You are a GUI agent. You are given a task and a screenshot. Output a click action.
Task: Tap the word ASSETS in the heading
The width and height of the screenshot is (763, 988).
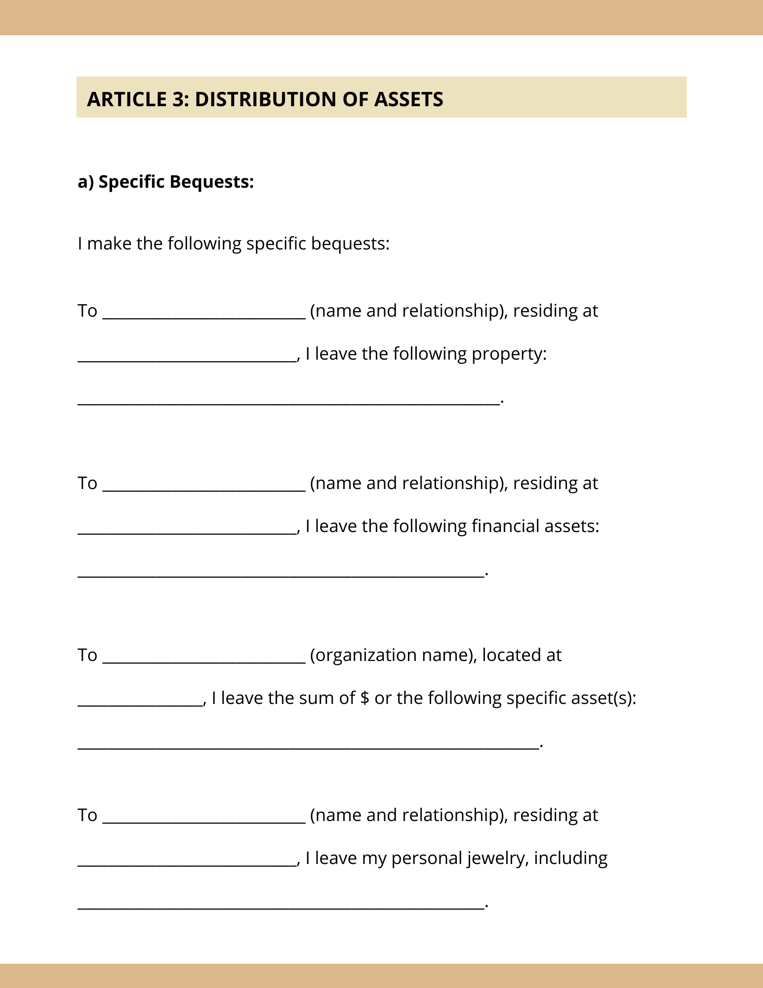408,99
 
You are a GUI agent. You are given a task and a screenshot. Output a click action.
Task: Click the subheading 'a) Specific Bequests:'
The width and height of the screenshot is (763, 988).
166,182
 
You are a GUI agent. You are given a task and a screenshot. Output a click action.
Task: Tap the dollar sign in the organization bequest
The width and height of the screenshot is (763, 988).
364,698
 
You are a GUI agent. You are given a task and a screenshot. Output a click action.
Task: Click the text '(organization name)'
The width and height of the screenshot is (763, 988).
393,655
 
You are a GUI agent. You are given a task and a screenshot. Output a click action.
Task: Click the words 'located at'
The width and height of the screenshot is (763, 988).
522,655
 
